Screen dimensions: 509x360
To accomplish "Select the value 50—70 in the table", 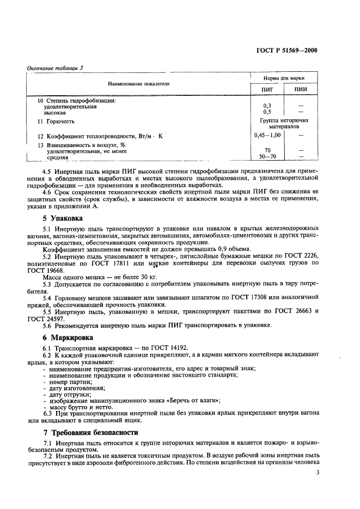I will point(267,157).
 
